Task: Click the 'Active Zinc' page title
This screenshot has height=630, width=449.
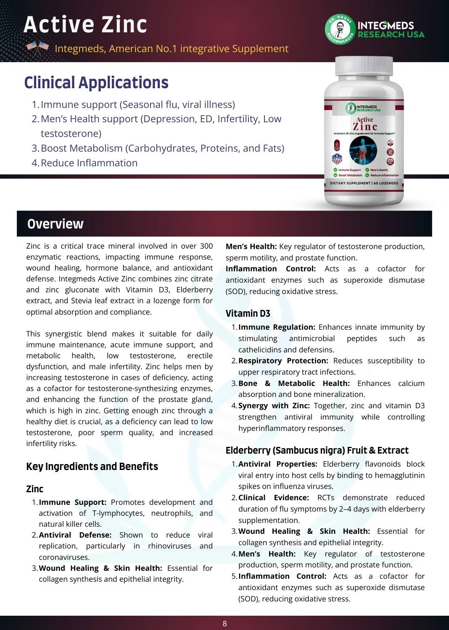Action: pyautogui.click(x=85, y=24)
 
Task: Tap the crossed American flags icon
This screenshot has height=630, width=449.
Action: pyautogui.click(x=38, y=48)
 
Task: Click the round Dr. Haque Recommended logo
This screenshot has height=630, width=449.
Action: pyautogui.click(x=340, y=30)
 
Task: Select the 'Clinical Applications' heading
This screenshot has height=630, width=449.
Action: pyautogui.click(x=96, y=83)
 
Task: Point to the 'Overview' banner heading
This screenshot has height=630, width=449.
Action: pyautogui.click(x=55, y=224)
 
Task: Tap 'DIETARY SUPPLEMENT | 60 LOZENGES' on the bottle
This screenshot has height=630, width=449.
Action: pyautogui.click(x=364, y=183)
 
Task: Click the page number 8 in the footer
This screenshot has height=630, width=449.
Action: pyautogui.click(x=225, y=624)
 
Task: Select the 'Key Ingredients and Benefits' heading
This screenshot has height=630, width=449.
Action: pyautogui.click(x=92, y=467)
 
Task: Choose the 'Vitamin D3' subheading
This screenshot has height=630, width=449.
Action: pyautogui.click(x=248, y=313)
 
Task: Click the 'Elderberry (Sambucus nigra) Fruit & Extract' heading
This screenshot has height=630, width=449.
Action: pyautogui.click(x=317, y=450)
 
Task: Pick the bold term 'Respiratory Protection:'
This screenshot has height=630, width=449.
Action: pyautogui.click(x=283, y=361)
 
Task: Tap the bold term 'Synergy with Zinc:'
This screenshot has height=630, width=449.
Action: pyautogui.click(x=274, y=406)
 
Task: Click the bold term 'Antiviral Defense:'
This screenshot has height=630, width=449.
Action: pyautogui.click(x=75, y=535)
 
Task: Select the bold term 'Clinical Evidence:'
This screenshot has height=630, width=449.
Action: pyautogui.click(x=273, y=498)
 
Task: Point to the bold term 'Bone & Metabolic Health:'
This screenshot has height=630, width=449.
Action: pyautogui.click(x=294, y=383)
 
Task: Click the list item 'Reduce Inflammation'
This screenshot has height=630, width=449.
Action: pyautogui.click(x=89, y=163)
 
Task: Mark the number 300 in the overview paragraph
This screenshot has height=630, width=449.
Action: pyautogui.click(x=206, y=246)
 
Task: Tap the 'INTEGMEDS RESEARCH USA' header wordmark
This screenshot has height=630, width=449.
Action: pyautogui.click(x=391, y=30)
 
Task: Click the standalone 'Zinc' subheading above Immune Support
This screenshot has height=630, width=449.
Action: pyautogui.click(x=35, y=489)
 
